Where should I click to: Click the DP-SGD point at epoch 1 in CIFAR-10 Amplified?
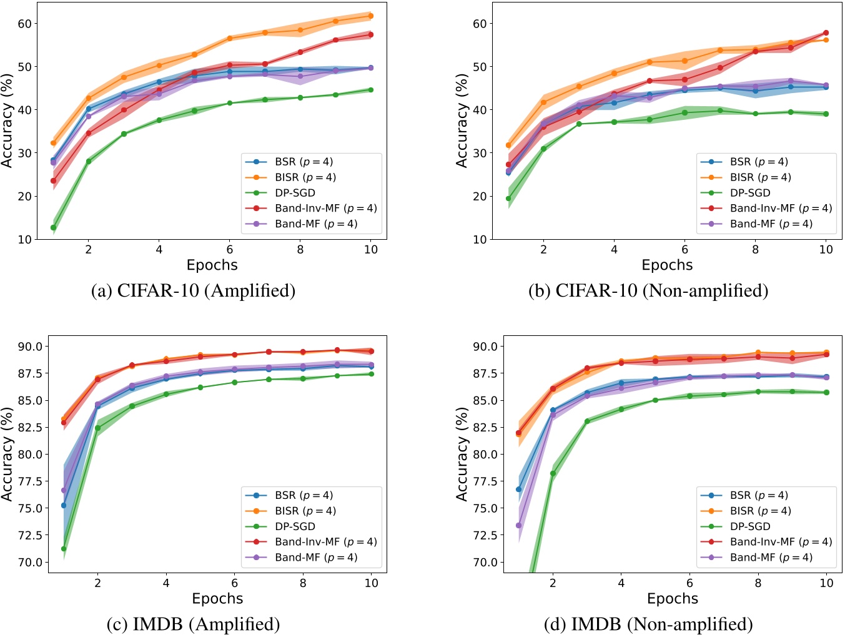[54, 227]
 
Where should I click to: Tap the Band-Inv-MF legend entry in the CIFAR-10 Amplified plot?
[325, 209]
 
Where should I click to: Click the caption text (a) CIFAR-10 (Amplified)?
[193, 291]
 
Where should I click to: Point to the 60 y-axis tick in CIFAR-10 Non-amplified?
[479, 24]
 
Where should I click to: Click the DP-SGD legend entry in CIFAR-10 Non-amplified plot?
[750, 193]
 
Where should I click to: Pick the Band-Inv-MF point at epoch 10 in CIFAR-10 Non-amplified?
[826, 32]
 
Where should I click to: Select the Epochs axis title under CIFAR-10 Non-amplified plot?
[667, 265]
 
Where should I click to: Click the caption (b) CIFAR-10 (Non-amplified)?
[648, 291]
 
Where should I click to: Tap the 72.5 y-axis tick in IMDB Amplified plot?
[31, 535]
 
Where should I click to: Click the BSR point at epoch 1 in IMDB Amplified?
[64, 505]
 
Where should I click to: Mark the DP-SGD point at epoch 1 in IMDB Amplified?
[64, 549]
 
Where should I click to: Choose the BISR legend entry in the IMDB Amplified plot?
[305, 511]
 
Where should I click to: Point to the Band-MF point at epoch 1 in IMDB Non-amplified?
[519, 525]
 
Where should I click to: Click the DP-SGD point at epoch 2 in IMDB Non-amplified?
[553, 473]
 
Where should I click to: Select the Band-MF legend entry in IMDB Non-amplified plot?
[771, 558]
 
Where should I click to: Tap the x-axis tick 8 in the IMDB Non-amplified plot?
[758, 583]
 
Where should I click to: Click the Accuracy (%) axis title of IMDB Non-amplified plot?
[462, 454]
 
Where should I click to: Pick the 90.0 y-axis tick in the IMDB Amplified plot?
[31, 347]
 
